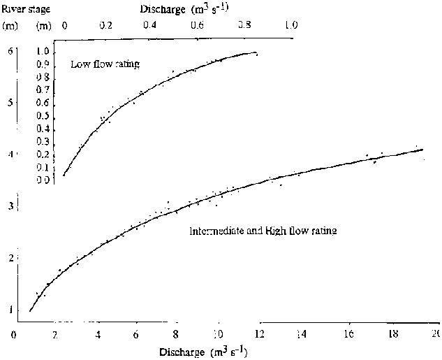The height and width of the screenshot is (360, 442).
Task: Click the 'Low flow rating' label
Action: point(105,64)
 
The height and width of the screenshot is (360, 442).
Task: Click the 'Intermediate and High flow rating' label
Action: point(263,230)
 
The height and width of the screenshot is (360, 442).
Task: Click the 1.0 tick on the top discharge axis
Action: point(291,25)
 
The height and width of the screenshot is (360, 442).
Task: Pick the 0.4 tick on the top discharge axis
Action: point(150,25)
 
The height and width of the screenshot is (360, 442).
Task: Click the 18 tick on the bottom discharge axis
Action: point(393,334)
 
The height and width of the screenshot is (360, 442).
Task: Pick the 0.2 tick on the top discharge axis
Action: point(106,25)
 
